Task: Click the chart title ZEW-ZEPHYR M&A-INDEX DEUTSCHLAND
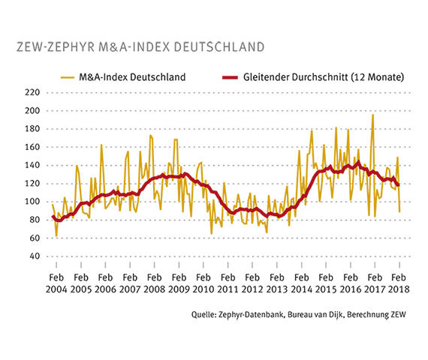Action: [x=140, y=46]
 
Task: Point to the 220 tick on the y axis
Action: [x=32, y=92]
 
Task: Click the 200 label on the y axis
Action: [x=32, y=110]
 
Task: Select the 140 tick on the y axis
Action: [x=32, y=165]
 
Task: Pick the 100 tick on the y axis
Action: [x=32, y=202]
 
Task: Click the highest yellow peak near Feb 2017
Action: [x=372, y=115]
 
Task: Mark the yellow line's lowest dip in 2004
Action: [x=56, y=235]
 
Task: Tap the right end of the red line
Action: [x=399, y=184]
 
